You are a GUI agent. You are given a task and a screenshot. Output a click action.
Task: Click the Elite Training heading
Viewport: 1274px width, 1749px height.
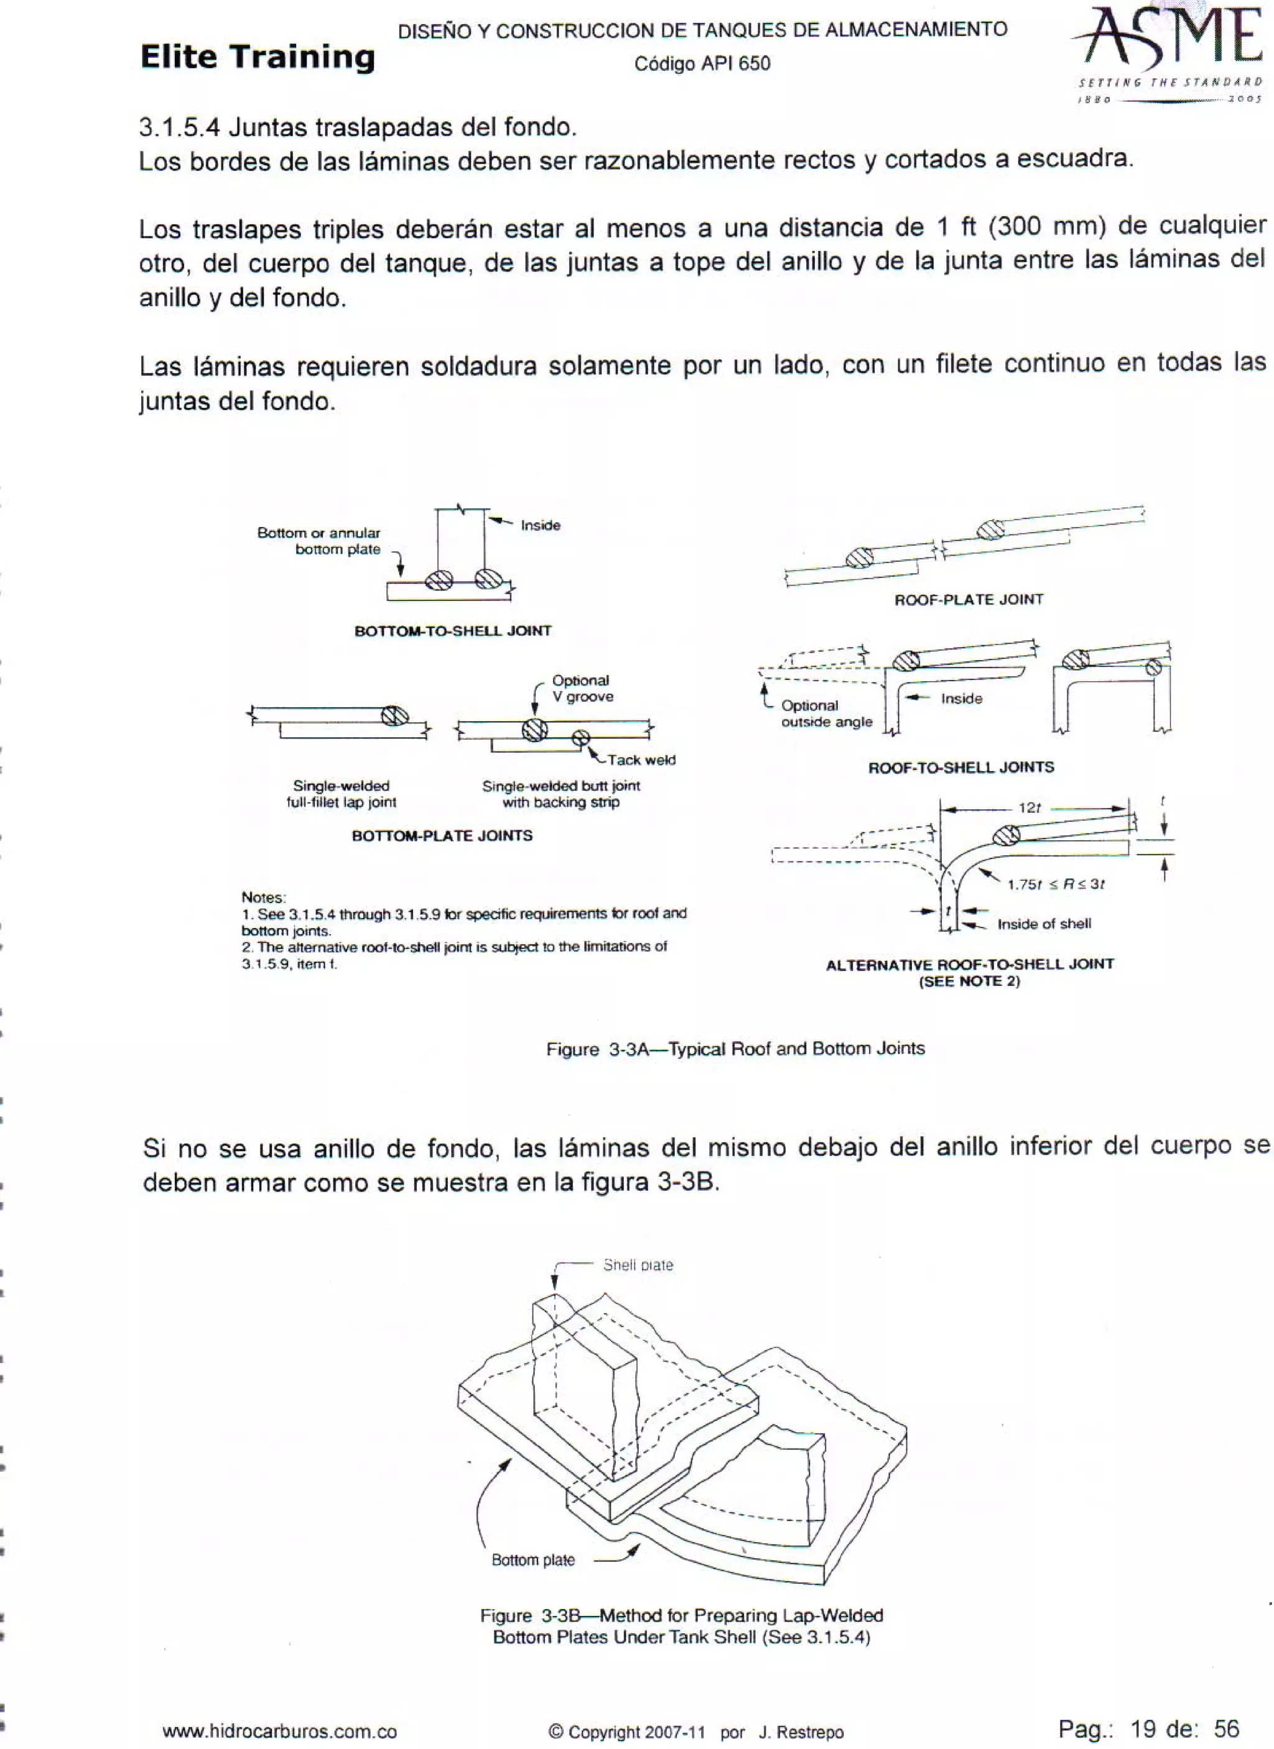point(258,57)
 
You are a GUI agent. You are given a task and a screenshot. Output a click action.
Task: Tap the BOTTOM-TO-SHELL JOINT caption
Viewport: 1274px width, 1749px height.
point(453,631)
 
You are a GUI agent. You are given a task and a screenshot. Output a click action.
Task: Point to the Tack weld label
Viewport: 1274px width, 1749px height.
point(641,760)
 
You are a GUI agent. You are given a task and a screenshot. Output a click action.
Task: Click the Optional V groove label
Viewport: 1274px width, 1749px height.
point(582,689)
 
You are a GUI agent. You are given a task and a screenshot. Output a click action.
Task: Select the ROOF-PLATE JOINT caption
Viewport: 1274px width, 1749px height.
point(969,599)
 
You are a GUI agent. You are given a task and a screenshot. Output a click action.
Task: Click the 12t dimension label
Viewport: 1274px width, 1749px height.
point(1030,807)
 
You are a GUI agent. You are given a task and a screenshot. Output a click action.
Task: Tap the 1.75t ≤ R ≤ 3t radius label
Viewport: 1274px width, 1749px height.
point(1056,884)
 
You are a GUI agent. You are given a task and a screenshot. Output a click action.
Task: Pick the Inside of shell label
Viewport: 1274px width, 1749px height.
point(1044,924)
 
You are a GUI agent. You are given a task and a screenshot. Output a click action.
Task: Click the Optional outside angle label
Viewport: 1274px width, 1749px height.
point(825,714)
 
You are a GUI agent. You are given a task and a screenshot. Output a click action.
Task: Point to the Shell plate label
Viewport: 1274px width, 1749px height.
point(638,1265)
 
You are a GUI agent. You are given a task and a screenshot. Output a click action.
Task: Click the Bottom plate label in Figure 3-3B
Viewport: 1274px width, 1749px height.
point(533,1560)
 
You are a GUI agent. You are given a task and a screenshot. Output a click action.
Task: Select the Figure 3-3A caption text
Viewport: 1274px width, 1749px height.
point(735,1049)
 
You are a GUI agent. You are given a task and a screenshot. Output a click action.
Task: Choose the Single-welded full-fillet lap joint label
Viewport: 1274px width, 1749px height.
point(341,794)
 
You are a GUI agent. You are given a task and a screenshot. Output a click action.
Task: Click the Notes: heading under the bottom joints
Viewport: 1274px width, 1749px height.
point(263,897)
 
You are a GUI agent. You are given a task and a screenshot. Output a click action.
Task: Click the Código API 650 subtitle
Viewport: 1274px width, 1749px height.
point(702,64)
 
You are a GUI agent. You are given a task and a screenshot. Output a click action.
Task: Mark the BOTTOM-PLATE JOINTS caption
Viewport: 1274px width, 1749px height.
point(442,836)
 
